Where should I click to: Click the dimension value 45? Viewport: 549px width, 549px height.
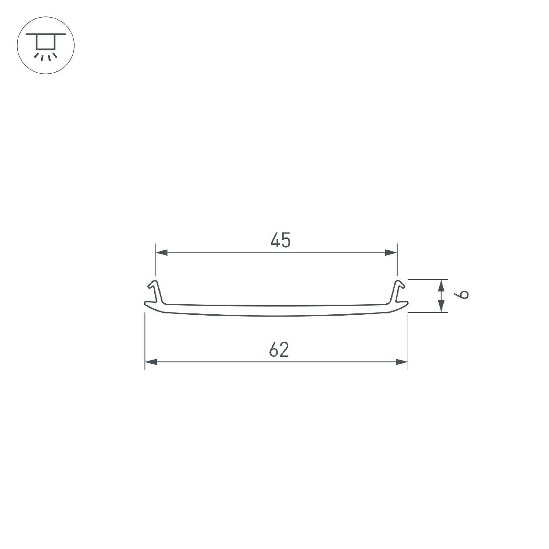[x=280, y=241]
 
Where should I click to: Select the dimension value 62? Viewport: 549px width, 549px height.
[x=279, y=350]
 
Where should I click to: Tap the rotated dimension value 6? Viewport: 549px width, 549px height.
[x=463, y=294]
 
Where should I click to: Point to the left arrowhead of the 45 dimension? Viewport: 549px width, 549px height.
[x=161, y=253]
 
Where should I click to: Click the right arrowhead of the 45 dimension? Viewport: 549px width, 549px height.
[x=391, y=253]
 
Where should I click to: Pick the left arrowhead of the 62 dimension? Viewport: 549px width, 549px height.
[x=151, y=362]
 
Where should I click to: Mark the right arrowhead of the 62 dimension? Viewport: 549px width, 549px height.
[x=402, y=362]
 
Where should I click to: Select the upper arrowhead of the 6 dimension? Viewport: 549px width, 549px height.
[x=441, y=285]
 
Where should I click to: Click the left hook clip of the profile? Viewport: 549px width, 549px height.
[x=154, y=291]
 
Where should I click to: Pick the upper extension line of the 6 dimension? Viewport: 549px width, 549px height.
[x=425, y=279]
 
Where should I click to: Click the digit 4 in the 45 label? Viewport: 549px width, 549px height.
[x=275, y=241]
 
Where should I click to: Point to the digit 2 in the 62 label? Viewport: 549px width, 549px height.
[x=285, y=350]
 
